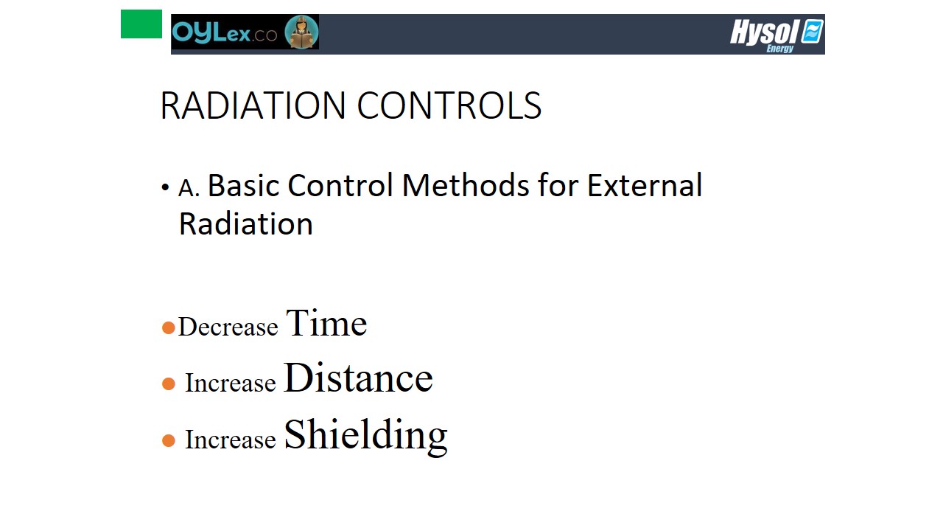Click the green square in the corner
[141, 24]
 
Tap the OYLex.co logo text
[225, 32]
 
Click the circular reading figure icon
[301, 32]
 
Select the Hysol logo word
[765, 32]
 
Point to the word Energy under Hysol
[780, 49]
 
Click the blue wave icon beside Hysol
[812, 31]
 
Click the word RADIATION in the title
[253, 105]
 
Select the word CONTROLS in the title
[449, 105]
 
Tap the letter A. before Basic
[189, 188]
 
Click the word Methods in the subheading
[465, 185]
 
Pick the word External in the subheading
[645, 185]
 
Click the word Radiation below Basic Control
[246, 223]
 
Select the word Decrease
[228, 327]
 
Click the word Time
[326, 323]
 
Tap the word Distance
[358, 377]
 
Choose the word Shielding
[366, 437]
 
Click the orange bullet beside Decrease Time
[169, 328]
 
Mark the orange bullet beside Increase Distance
[169, 384]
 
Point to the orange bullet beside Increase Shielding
[169, 441]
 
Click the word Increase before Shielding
[231, 440]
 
